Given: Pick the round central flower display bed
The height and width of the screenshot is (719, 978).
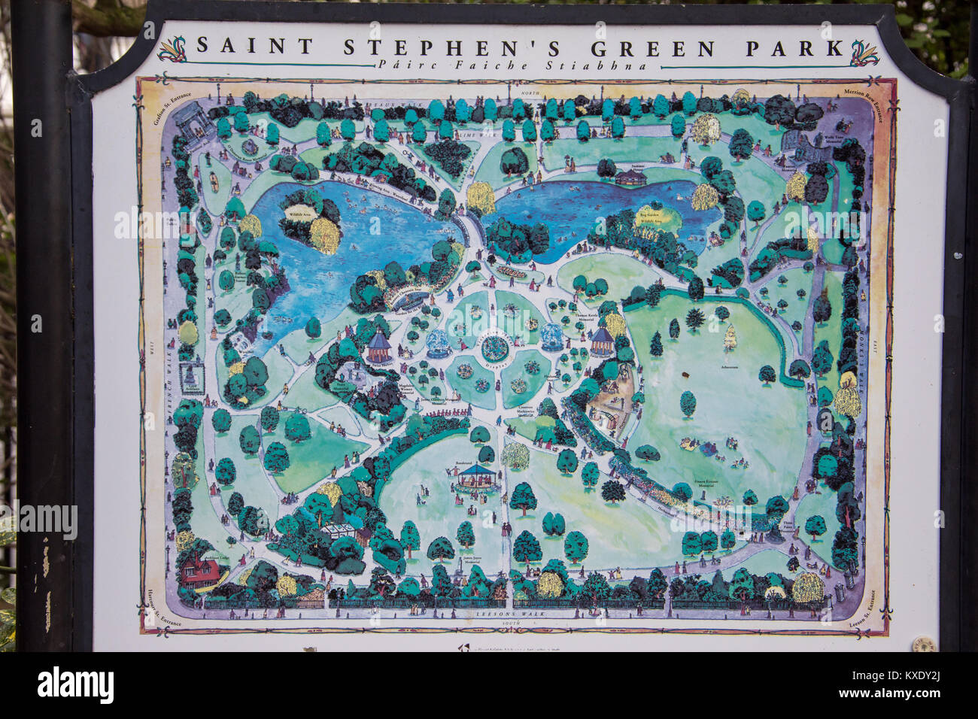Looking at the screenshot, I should (x=494, y=347).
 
